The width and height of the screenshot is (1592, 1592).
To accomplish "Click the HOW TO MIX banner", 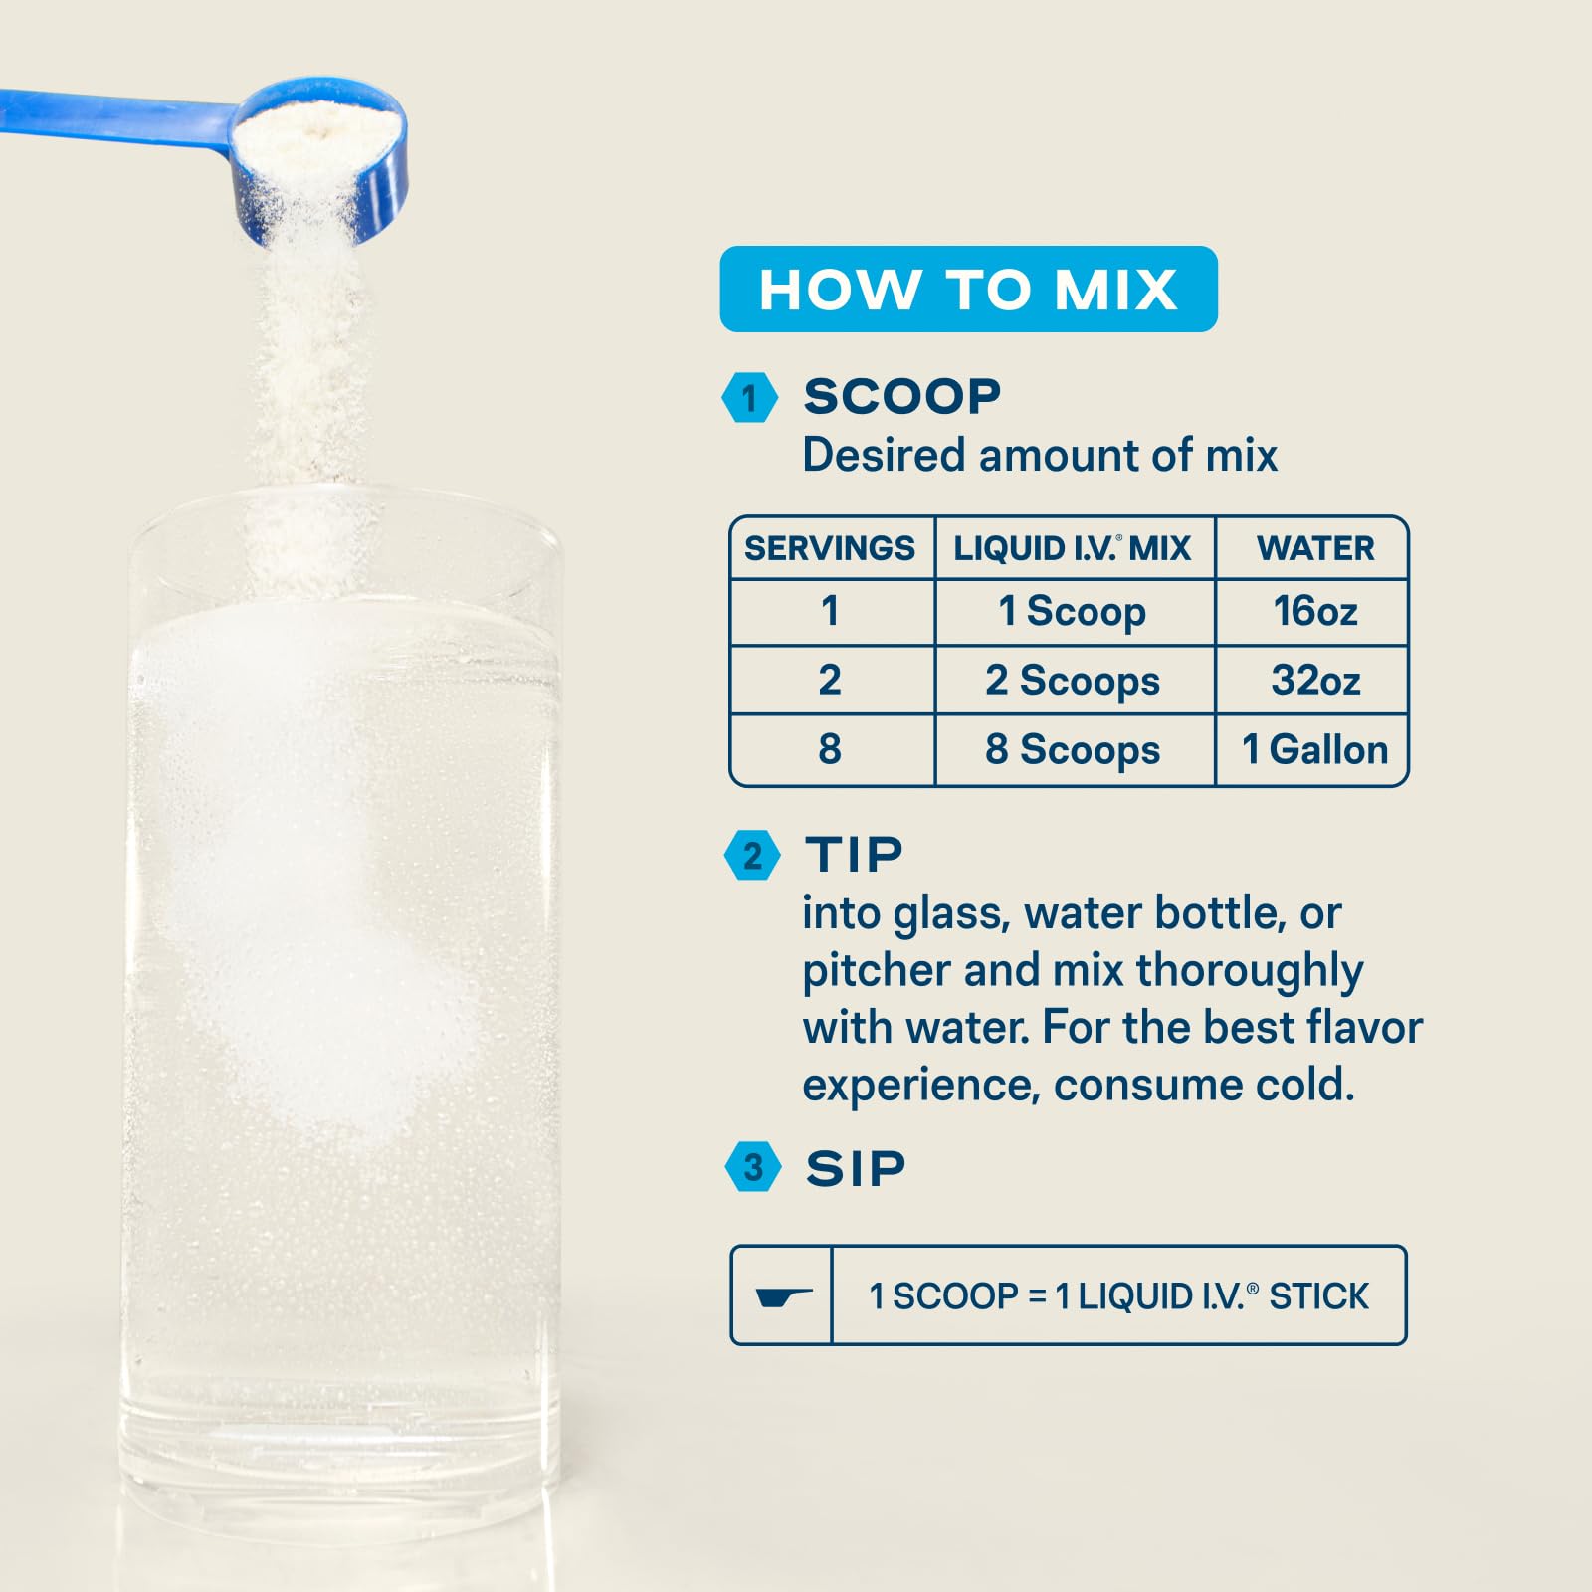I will click(968, 290).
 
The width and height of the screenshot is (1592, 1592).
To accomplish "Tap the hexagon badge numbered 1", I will click(749, 398).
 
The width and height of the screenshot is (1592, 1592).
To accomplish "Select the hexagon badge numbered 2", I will click(752, 856).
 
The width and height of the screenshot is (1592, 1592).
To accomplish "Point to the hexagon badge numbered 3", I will click(753, 1167).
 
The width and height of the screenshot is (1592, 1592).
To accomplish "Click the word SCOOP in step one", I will click(901, 396).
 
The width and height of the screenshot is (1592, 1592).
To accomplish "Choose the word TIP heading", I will click(854, 855).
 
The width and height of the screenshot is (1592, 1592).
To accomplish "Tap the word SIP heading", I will click(856, 1168).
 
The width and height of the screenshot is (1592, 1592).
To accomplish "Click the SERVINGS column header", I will click(830, 548).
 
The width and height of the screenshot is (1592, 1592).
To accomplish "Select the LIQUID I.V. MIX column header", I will click(1073, 548).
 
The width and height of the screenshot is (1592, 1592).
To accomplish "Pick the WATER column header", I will click(1314, 548).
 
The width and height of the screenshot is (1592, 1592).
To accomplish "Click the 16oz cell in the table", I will click(1314, 611).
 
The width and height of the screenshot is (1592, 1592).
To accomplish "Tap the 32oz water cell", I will click(1314, 681).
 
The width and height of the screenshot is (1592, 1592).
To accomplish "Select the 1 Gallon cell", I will click(1314, 749).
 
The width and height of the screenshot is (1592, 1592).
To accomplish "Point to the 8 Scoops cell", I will click(1073, 749).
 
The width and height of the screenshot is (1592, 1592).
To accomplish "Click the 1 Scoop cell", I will click(1073, 611).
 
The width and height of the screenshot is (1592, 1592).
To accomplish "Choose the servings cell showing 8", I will click(830, 749).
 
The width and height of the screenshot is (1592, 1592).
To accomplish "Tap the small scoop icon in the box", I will click(782, 1296).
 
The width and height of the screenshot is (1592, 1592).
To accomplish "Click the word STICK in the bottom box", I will click(1318, 1296).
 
